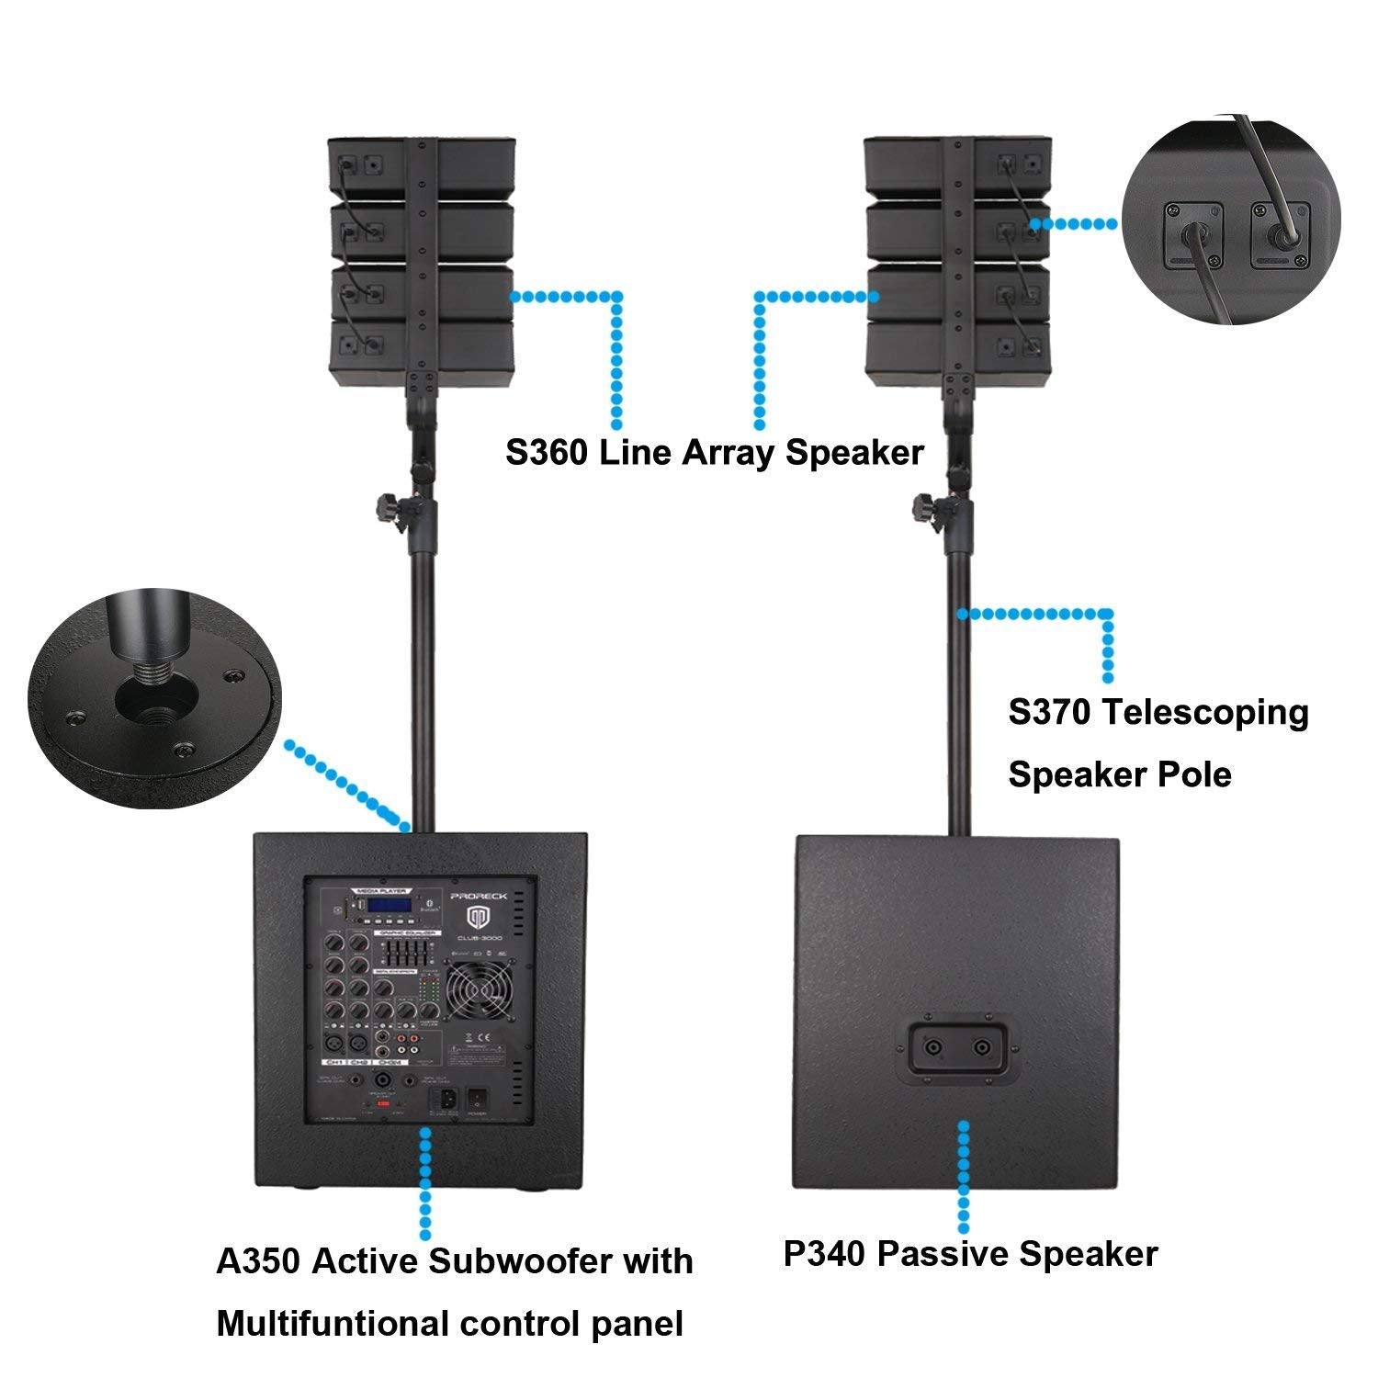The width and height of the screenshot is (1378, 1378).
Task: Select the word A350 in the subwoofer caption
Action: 257,1260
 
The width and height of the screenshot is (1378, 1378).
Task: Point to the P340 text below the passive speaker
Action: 824,1254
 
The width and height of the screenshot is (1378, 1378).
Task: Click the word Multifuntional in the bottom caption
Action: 331,1324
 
